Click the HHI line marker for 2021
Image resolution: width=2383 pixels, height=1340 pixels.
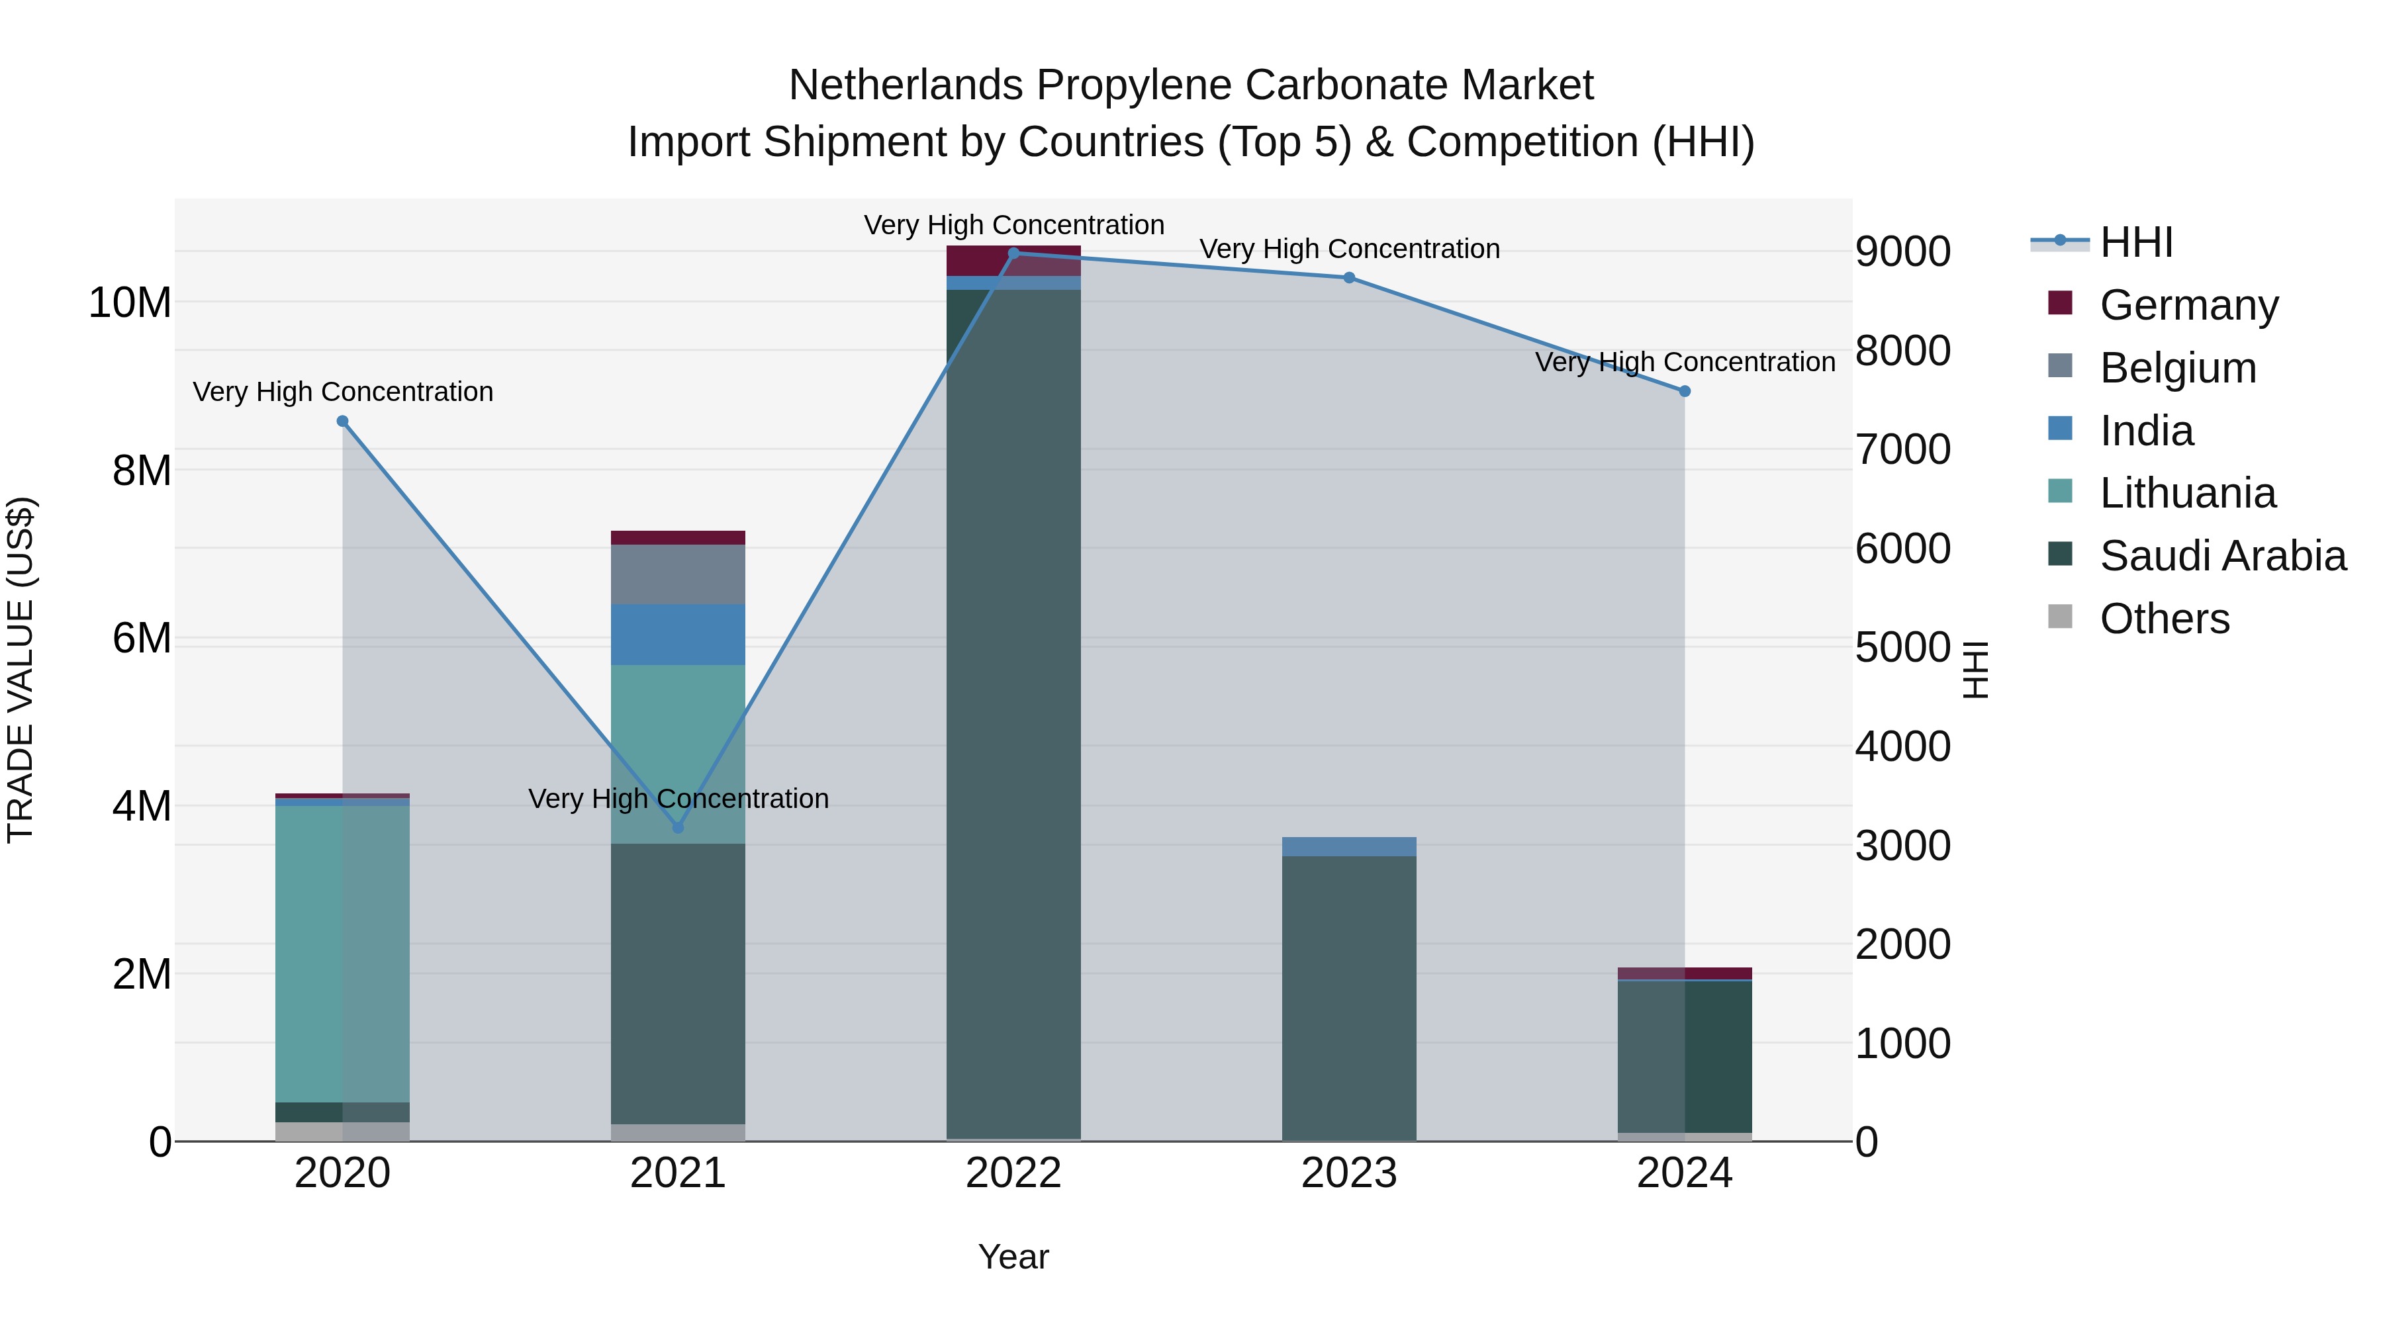coord(678,828)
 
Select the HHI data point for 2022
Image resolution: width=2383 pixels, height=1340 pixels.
coord(1014,253)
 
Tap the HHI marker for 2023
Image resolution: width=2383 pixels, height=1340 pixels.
coord(1349,277)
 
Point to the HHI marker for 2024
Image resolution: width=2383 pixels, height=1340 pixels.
coord(1685,391)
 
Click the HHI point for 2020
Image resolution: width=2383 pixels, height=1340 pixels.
coord(342,421)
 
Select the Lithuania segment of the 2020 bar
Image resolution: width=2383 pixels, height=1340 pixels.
coord(342,952)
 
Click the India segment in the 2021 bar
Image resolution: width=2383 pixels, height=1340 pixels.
coord(678,635)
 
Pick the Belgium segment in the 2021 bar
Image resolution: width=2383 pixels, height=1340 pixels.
coord(678,574)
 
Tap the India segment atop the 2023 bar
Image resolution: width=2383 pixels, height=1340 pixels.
coord(1349,846)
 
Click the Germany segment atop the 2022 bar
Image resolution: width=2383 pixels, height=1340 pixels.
coord(1014,261)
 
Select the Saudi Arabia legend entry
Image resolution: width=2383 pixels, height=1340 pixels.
coord(2223,556)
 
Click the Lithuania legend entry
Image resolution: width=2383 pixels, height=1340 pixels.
coord(2188,493)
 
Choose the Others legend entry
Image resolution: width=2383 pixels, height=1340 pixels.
coord(2165,619)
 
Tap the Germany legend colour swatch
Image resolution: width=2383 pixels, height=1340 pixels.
coord(2060,303)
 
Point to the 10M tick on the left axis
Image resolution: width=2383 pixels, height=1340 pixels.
coord(130,302)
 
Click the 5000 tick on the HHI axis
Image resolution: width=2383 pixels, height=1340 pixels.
coord(1903,647)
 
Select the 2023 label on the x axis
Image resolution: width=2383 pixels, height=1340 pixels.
coord(1349,1173)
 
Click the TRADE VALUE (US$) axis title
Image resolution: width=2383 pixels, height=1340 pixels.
coord(21,670)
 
